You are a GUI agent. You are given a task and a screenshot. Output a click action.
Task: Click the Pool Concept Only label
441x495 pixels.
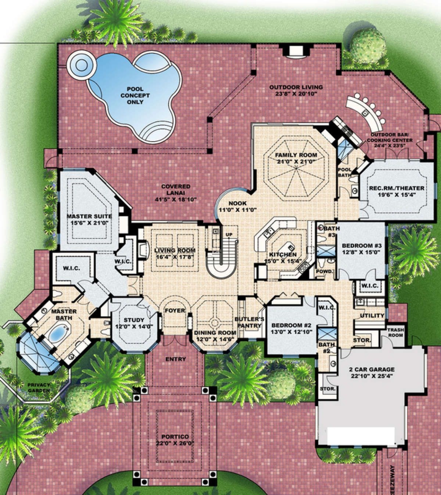(135, 96)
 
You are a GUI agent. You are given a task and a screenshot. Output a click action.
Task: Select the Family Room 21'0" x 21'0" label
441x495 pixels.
(296, 158)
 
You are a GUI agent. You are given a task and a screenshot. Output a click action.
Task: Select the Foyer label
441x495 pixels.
(175, 310)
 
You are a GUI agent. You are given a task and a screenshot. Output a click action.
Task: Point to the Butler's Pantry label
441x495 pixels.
(249, 322)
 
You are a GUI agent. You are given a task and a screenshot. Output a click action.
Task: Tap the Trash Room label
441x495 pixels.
(395, 332)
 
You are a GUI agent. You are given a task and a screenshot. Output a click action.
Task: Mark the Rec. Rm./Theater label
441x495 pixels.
(397, 192)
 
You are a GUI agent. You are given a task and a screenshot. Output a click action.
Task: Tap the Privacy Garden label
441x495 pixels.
(38, 387)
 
